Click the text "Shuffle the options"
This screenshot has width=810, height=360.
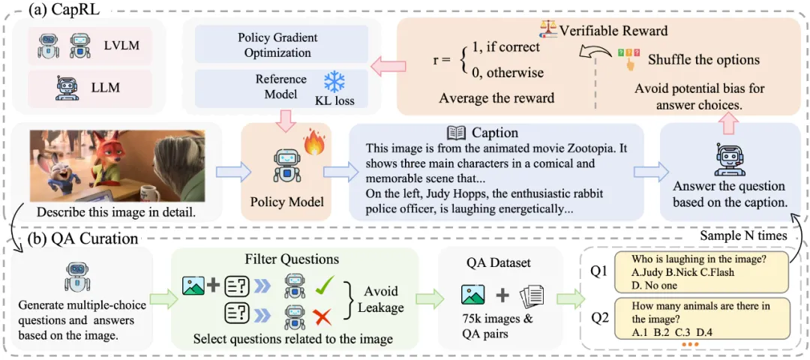pos(703,59)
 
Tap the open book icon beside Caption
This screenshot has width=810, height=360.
pos(455,133)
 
